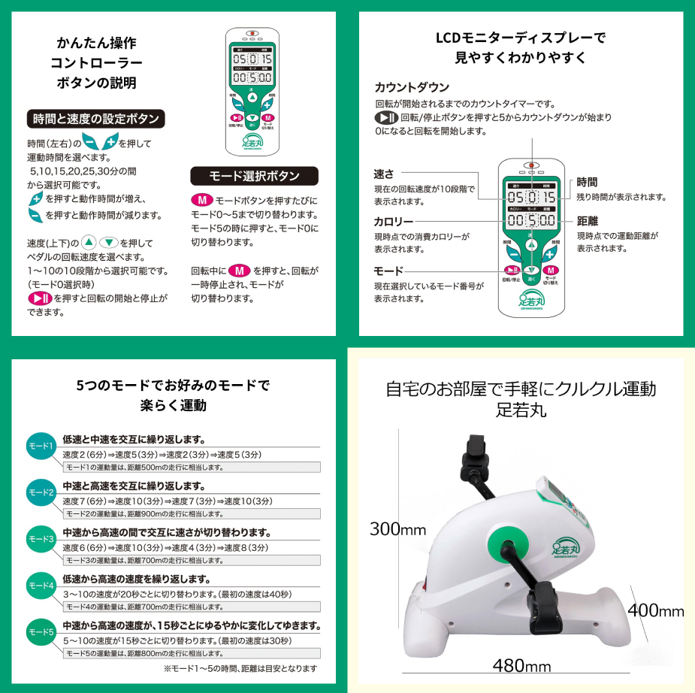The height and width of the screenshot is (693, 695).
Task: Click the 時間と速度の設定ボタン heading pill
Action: click(x=95, y=119)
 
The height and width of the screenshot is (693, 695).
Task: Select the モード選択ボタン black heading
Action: click(x=255, y=176)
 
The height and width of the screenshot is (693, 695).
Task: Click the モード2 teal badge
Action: click(x=41, y=493)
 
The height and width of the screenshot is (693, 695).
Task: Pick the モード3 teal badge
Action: click(x=41, y=539)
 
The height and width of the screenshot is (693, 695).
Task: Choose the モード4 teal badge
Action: click(x=41, y=585)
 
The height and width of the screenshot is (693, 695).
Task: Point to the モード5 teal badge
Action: click(x=41, y=631)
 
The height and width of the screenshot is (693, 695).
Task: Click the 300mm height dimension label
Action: click(x=397, y=529)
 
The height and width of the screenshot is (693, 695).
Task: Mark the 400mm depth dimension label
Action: click(x=656, y=611)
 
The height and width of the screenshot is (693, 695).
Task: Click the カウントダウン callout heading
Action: click(x=412, y=86)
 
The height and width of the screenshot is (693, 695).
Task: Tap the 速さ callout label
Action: click(x=384, y=174)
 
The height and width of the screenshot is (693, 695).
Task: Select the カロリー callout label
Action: click(x=394, y=222)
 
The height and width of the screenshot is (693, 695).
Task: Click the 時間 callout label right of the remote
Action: click(x=588, y=182)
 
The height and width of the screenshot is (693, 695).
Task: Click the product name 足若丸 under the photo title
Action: click(x=521, y=411)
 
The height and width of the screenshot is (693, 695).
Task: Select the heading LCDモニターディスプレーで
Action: click(x=521, y=38)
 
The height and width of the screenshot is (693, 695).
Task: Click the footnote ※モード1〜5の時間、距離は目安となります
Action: click(x=240, y=667)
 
